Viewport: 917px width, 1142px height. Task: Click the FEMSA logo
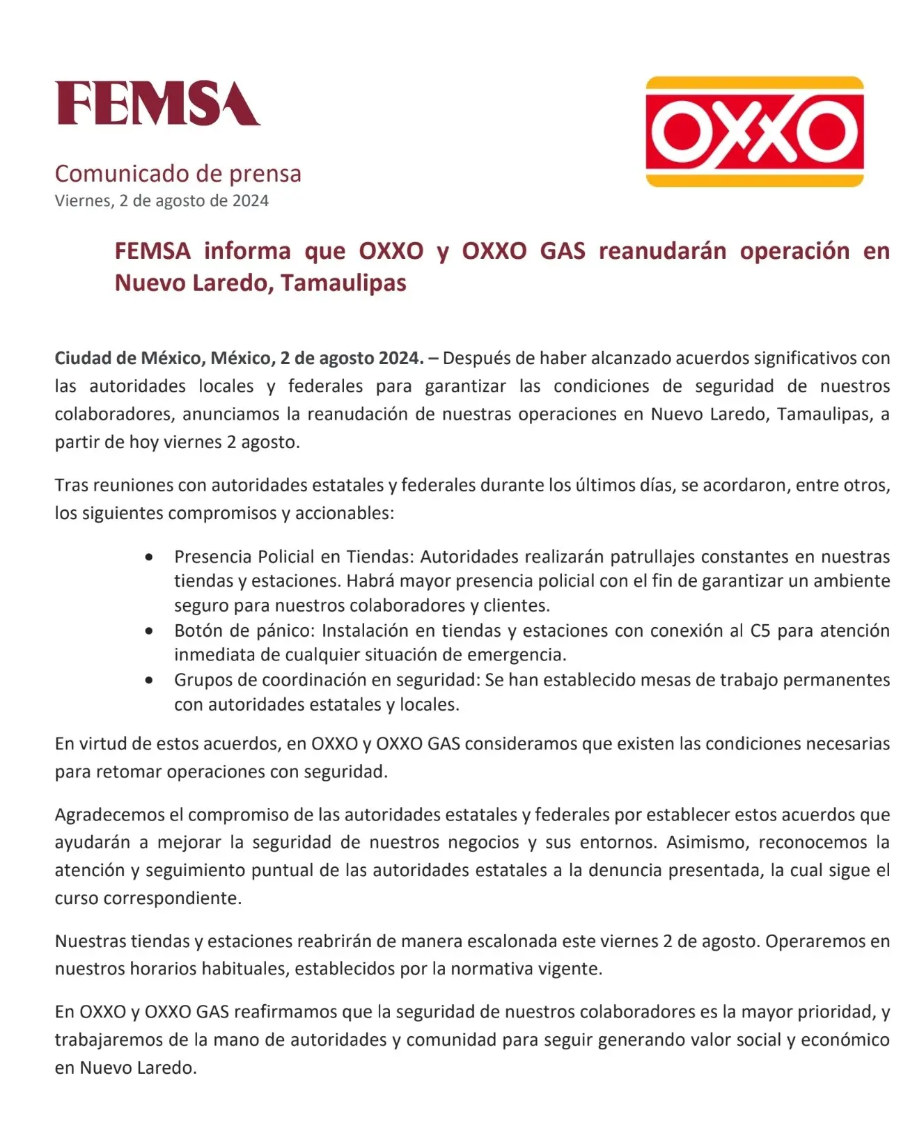tap(157, 104)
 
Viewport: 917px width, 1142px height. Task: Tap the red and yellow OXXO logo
tap(755, 132)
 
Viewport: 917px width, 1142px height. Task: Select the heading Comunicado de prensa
tap(178, 173)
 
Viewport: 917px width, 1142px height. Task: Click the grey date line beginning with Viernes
tap(162, 201)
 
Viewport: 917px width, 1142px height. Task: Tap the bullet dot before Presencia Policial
tap(149, 557)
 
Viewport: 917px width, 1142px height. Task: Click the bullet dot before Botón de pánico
tap(149, 631)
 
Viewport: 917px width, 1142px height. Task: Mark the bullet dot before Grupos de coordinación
tap(149, 681)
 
